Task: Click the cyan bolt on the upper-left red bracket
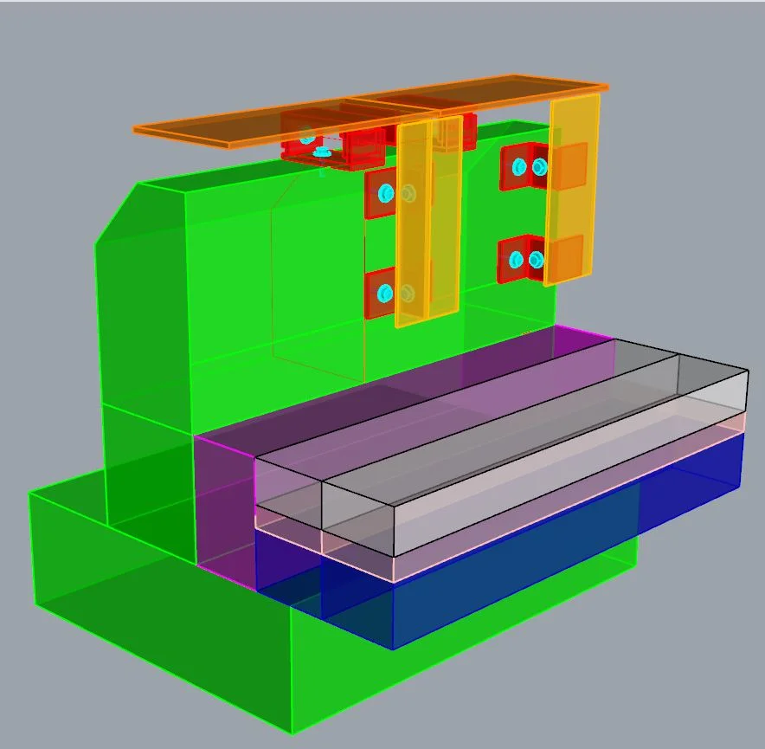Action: click(386, 192)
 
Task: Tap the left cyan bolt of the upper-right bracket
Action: click(519, 166)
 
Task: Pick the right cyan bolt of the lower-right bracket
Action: click(536, 259)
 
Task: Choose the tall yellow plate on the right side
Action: click(572, 190)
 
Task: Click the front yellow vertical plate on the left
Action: click(412, 225)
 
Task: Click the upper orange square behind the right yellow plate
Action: click(569, 165)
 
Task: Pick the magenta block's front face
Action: click(225, 511)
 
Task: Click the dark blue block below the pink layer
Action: click(519, 554)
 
